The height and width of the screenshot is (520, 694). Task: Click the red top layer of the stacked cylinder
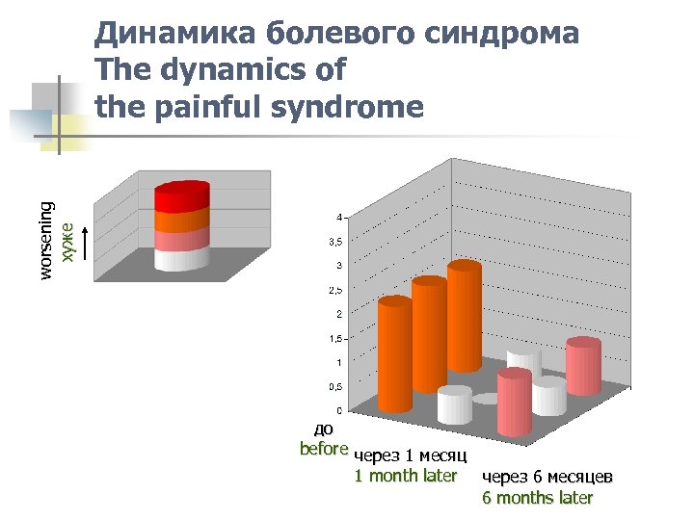click(x=181, y=196)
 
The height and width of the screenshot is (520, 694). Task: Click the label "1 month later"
click(x=405, y=476)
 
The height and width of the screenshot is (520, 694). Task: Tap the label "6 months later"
click(x=537, y=498)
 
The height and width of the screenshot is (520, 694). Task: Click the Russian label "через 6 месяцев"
click(x=547, y=477)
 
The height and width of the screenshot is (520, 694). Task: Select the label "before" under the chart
click(x=323, y=449)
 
